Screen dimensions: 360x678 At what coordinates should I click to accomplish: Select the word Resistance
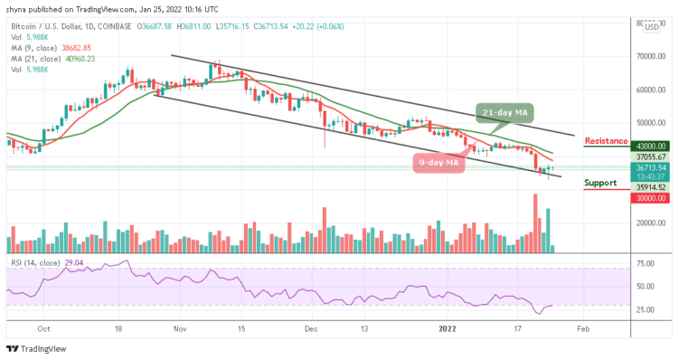point(607,140)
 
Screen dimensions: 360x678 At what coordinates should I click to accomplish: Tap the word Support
point(600,184)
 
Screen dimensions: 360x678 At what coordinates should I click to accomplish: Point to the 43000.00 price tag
point(650,146)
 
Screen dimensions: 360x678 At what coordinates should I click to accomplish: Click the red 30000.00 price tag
point(650,198)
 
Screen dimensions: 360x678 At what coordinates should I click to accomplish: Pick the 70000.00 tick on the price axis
point(650,56)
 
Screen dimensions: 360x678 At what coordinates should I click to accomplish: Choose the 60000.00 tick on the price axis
point(650,90)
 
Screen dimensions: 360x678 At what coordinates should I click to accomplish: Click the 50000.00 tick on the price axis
point(650,123)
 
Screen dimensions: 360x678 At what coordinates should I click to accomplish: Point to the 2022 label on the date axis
point(448,331)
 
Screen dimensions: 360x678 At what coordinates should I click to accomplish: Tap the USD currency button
point(651,26)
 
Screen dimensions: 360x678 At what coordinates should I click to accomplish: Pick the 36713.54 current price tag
point(650,167)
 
